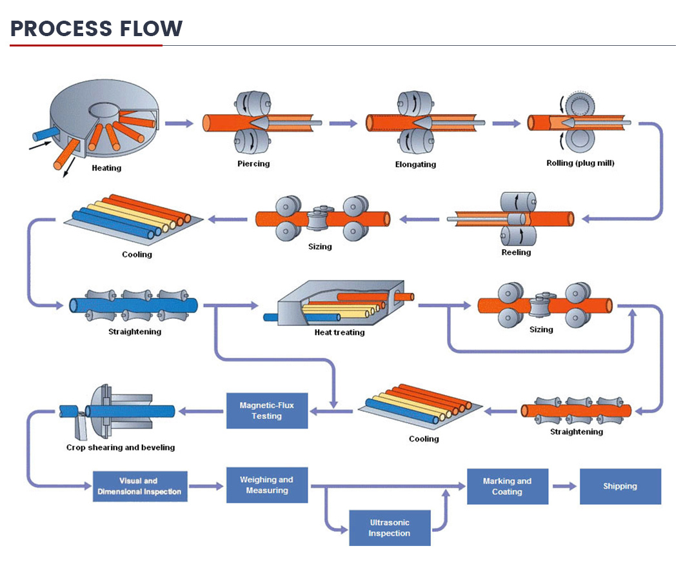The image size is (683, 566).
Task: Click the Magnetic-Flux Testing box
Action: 267,410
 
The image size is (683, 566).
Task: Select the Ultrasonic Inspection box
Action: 390,527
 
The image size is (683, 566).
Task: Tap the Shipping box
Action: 620,486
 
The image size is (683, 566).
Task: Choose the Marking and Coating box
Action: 507,486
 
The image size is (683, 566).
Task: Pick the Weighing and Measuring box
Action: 266,485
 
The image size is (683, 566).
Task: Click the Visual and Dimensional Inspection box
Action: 140,487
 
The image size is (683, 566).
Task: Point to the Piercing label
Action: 253,164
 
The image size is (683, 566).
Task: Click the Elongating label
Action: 415,165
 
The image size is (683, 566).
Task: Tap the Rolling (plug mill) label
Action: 580,163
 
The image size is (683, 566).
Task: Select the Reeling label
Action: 516,252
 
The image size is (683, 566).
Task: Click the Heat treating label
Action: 339,332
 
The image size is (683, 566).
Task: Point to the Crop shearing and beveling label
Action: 121,447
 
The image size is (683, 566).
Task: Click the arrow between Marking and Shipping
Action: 564,486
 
